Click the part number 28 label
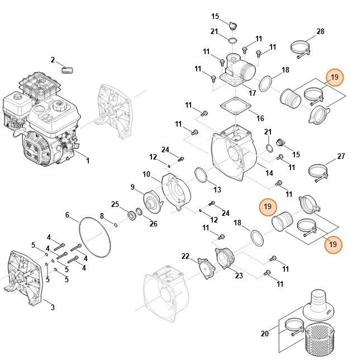point(321,31)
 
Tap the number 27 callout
point(341,156)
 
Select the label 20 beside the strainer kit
point(265,334)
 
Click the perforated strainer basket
point(320,339)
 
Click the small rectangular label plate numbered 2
point(67,70)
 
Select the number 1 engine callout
point(88,161)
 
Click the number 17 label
point(252,93)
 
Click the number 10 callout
point(146,174)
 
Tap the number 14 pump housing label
point(269,173)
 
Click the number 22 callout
point(185,256)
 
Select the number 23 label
point(239,275)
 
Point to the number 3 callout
point(53,307)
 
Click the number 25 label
point(115,204)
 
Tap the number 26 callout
point(153,224)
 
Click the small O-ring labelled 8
point(116,225)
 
